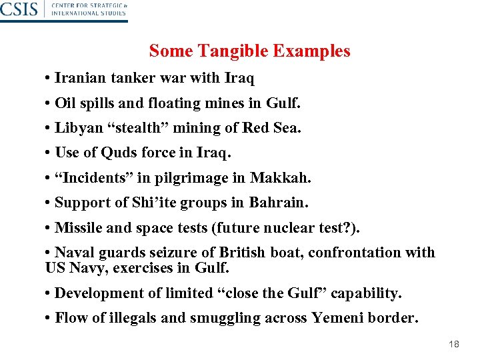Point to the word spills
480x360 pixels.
[x=95, y=103]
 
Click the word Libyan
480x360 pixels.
[x=76, y=128]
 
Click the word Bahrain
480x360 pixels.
[x=279, y=203]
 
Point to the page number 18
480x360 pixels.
[x=454, y=345]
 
